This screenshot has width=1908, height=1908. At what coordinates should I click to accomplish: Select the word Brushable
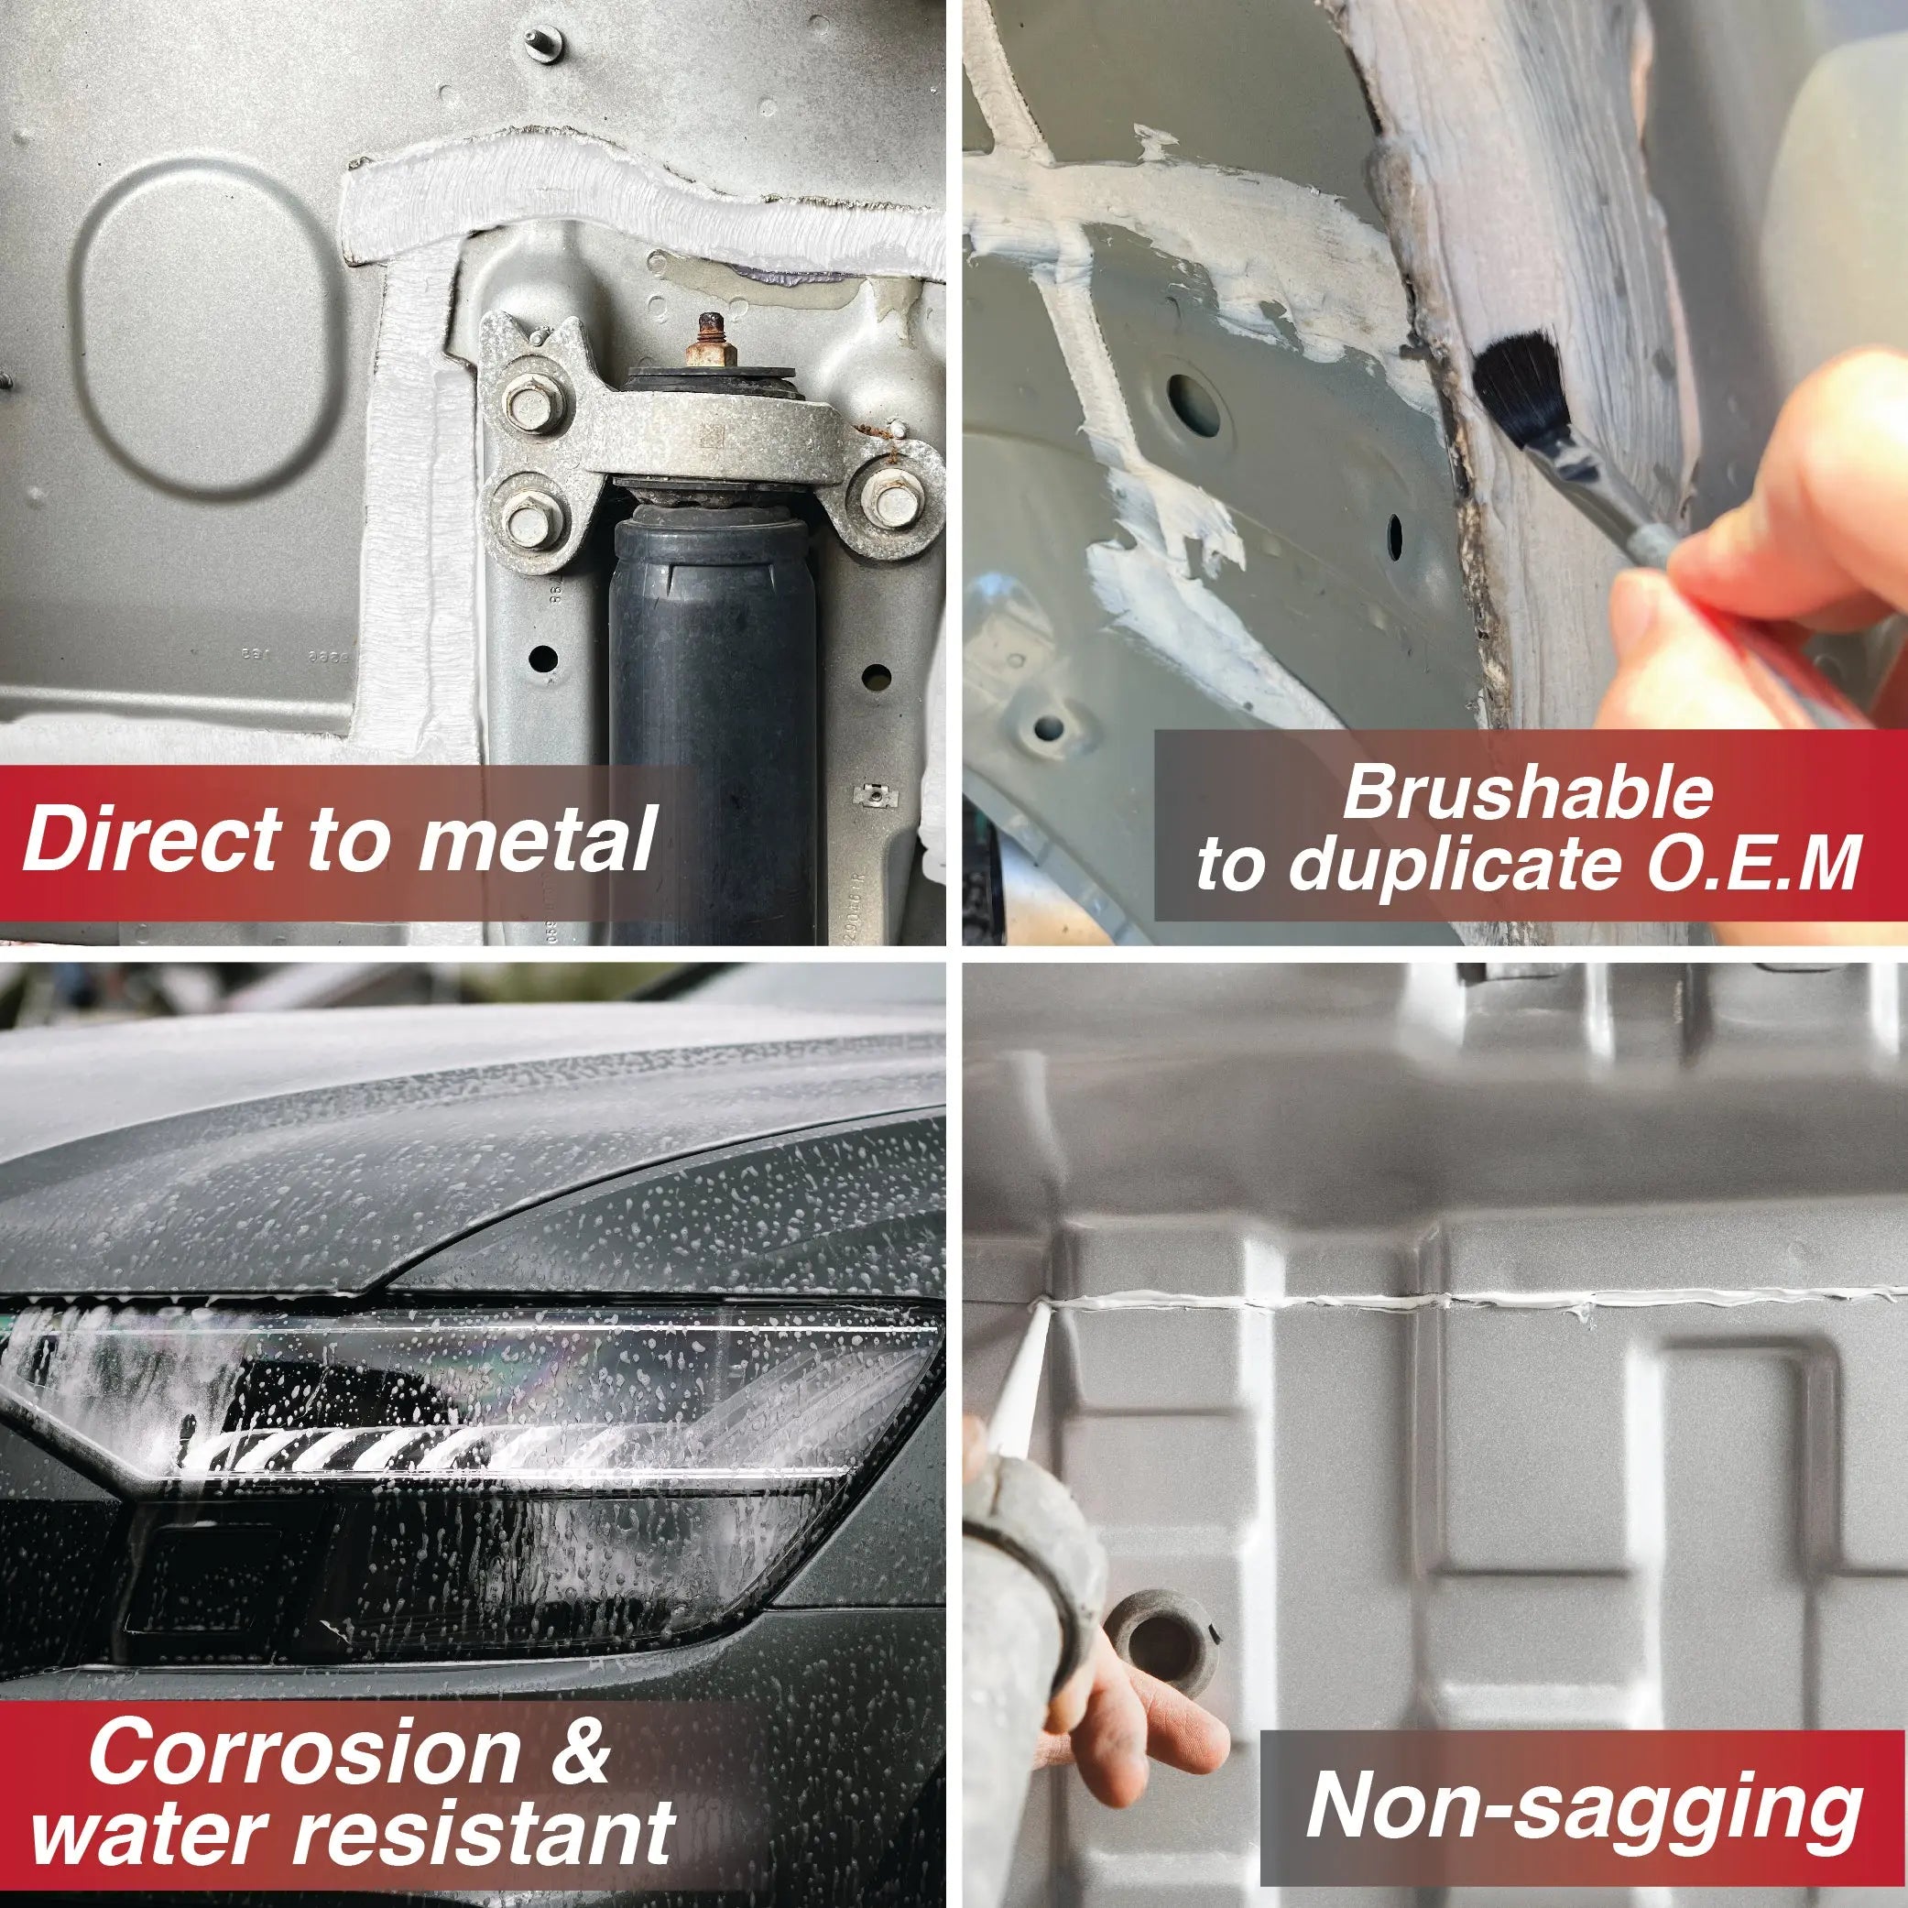[x=1527, y=793]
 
